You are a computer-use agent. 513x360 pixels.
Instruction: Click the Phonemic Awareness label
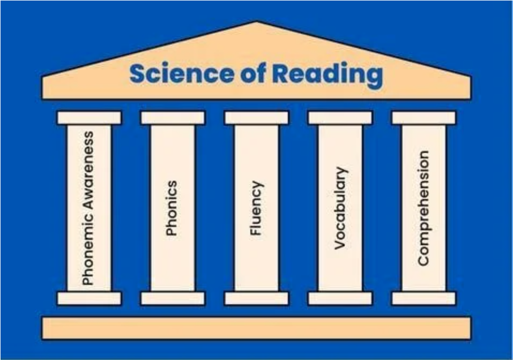pos(88,208)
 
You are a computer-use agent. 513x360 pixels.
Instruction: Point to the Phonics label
pos(172,208)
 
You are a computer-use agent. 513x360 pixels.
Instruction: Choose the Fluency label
pos(256,208)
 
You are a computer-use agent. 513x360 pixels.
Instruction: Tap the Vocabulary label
pos(340,208)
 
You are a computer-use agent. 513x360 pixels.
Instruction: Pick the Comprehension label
pos(423,208)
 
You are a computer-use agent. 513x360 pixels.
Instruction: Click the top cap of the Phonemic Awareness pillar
pos(89,117)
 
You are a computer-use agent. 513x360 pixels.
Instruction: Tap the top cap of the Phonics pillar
pos(173,117)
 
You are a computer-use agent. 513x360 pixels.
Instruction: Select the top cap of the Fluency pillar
pos(256,117)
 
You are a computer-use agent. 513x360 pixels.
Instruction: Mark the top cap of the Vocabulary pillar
pos(340,117)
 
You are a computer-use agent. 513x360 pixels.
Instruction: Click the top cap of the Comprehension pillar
pos(423,117)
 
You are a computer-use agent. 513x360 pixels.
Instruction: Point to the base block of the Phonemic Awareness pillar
pos(89,298)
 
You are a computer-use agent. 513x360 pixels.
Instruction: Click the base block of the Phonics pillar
pos(173,298)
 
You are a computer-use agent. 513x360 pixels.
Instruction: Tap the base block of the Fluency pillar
pos(256,298)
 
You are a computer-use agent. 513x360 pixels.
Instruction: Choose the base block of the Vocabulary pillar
pos(340,298)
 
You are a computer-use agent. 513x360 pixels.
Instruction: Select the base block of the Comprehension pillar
pos(423,298)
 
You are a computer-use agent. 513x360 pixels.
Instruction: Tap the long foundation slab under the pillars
pos(256,328)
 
